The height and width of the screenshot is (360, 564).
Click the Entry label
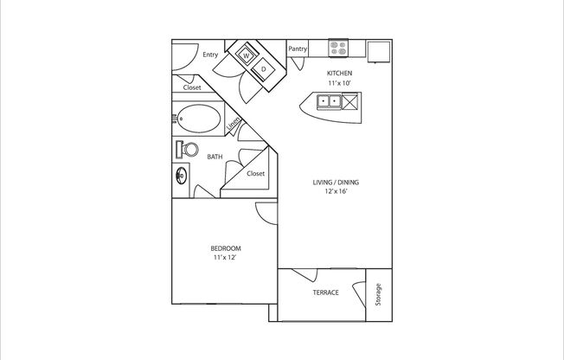click(x=210, y=55)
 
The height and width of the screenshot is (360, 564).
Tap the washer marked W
click(x=247, y=55)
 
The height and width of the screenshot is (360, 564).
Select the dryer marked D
click(x=263, y=69)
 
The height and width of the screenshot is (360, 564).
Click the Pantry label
click(x=298, y=48)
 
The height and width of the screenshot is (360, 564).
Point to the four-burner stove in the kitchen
click(x=338, y=48)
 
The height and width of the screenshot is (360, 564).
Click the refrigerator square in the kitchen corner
click(x=379, y=52)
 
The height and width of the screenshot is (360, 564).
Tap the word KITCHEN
click(x=339, y=73)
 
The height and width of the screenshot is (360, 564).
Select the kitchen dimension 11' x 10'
click(x=339, y=83)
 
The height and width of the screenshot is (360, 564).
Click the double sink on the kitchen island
click(x=329, y=100)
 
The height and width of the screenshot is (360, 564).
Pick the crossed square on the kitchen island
click(x=349, y=101)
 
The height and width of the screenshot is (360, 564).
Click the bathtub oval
click(x=200, y=119)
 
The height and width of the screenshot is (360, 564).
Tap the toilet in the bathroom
click(x=187, y=149)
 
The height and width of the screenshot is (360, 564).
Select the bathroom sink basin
click(x=182, y=176)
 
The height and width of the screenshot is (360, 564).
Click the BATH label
click(x=215, y=157)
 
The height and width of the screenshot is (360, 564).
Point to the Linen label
click(x=233, y=124)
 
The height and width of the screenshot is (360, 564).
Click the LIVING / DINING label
click(x=336, y=182)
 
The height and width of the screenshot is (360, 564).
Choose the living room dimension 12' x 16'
click(x=336, y=191)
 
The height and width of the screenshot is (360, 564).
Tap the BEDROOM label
click(x=226, y=248)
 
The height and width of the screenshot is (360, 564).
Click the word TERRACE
click(x=325, y=292)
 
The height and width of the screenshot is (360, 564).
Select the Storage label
click(x=378, y=294)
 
